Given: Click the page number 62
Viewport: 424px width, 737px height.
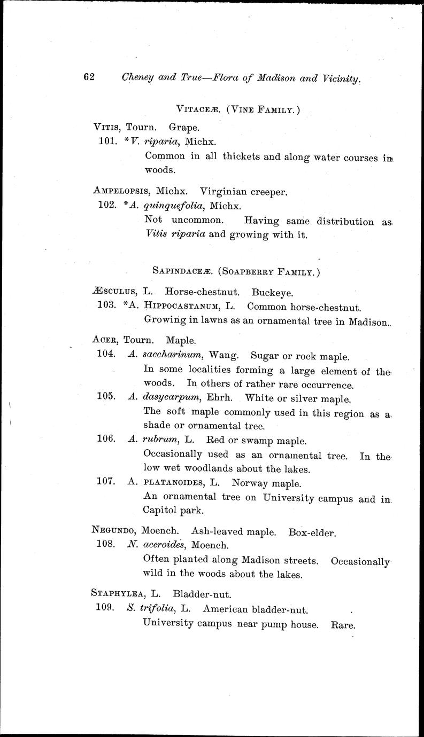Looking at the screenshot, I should pyautogui.click(x=89, y=77).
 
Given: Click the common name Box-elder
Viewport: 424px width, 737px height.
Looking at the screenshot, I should pyautogui.click(x=311, y=532).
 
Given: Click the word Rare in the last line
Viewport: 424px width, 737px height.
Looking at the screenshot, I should pyautogui.click(x=343, y=624).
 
